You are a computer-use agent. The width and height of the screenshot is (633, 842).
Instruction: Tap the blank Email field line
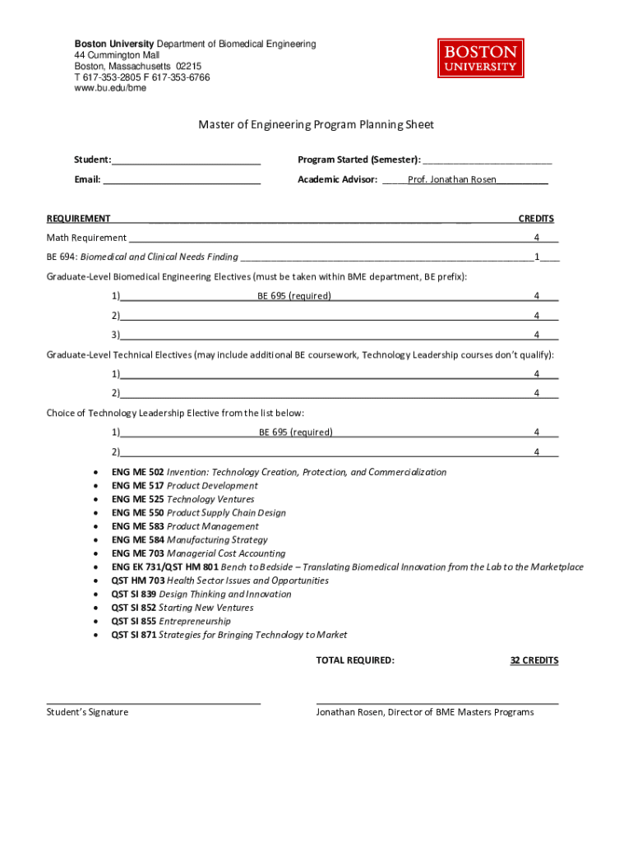182,180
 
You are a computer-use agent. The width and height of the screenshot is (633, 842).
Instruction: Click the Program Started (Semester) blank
487,160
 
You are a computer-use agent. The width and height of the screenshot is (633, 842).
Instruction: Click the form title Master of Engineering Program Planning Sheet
316,125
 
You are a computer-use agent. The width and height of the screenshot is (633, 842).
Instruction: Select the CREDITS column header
535,219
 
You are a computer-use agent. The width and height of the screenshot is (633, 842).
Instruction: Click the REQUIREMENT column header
79,219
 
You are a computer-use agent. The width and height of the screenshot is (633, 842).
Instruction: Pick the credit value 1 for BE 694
537,257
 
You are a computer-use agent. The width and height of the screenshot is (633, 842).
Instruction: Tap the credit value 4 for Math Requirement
537,238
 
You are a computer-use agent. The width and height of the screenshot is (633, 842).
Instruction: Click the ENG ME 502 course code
137,472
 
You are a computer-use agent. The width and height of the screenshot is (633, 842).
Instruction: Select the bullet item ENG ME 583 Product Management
185,526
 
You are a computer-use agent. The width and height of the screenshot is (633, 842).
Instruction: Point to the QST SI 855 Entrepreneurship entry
171,622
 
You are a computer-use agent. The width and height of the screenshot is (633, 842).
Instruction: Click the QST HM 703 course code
137,581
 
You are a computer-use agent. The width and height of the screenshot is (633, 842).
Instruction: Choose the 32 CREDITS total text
534,660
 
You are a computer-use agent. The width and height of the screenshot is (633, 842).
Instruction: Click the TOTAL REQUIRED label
355,660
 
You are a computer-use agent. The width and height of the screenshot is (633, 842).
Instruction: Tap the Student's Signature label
88,712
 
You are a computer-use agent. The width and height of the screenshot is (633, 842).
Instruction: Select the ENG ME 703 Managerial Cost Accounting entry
198,553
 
